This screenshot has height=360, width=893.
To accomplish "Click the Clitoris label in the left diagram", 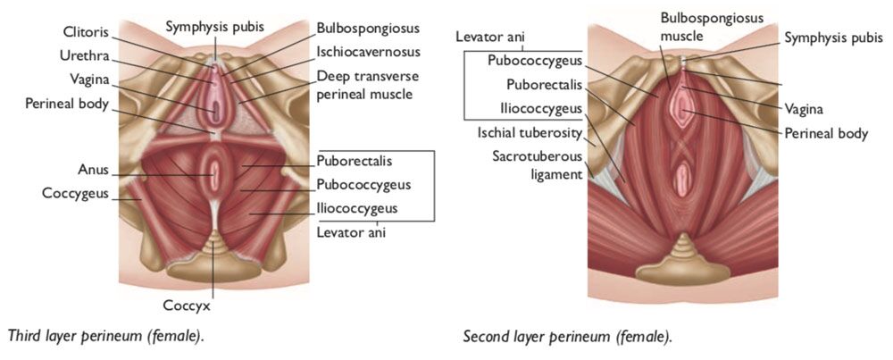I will click(86, 31).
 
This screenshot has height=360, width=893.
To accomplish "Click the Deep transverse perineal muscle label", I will click(364, 84).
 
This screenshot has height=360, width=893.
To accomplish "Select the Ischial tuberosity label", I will click(529, 133).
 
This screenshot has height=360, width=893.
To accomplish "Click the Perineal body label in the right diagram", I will click(825, 134).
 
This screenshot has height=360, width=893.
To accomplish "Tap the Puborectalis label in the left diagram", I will click(353, 162).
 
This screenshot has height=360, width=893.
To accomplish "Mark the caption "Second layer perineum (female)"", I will click(568, 337).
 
